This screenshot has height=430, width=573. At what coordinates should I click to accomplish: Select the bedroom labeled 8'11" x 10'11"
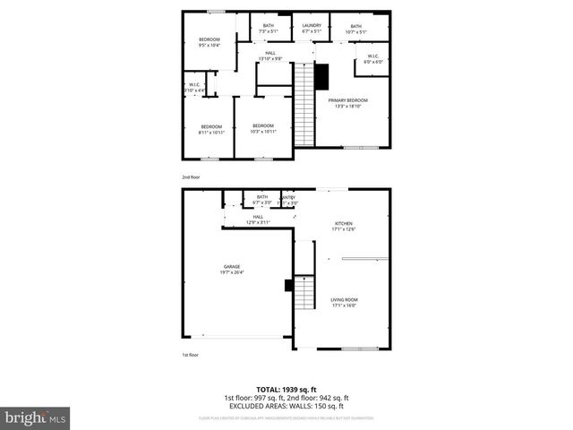tap(211, 128)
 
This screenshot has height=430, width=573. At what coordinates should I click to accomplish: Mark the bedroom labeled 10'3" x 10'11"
tap(262, 128)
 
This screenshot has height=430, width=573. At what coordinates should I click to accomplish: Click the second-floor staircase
tap(306, 106)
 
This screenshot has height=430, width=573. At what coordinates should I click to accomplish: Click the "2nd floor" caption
tap(192, 177)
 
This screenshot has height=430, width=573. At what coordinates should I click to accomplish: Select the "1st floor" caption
tap(191, 355)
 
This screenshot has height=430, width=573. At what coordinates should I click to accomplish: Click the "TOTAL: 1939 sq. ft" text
tap(286, 390)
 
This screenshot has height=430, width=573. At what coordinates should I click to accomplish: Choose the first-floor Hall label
tap(258, 219)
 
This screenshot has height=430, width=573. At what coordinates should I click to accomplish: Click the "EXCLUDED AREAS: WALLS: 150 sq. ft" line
tap(286, 405)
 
